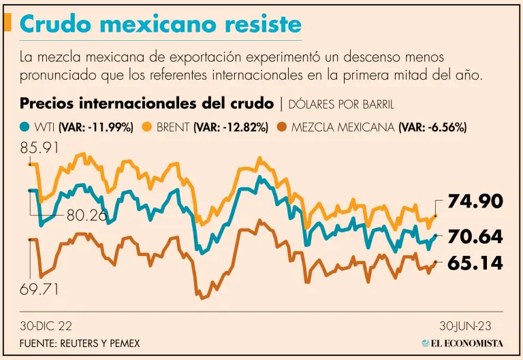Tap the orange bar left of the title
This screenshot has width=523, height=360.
coord(7,23)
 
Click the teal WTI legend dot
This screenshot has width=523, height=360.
coord(25,127)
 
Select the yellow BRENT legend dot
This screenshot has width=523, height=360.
coord(146,127)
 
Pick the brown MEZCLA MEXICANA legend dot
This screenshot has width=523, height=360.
coord(281,127)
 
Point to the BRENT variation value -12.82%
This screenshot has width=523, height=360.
coord(231,127)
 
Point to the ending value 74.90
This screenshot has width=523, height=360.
coord(475,201)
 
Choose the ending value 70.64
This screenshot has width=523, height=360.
coord(475,237)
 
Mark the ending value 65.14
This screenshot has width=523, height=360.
coord(475,264)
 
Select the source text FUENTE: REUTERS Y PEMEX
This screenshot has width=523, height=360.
coord(80,343)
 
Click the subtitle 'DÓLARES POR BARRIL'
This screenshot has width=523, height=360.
coord(341,104)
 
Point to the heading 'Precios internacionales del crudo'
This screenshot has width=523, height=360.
coord(147,103)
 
